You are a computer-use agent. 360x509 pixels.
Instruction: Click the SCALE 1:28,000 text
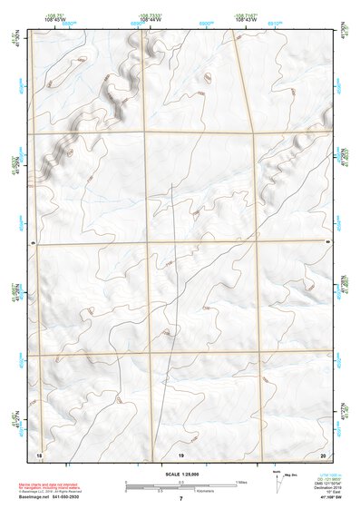(x=180, y=474)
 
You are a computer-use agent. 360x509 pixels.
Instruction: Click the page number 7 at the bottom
(x=180, y=499)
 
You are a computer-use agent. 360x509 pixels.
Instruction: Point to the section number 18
(x=39, y=453)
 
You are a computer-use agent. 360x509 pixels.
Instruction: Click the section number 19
(x=180, y=453)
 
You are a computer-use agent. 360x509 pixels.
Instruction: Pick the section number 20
(x=324, y=453)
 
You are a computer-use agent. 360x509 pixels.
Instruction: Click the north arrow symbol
(x=277, y=482)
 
